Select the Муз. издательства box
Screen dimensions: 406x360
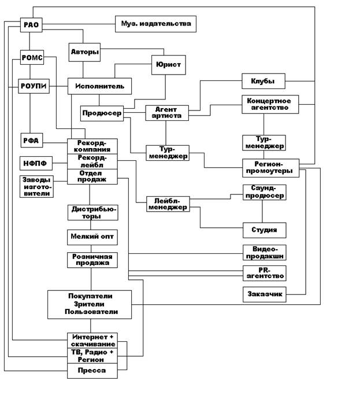pos(155,24)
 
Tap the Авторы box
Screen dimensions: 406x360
pos(84,52)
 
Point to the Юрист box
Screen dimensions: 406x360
pos(168,65)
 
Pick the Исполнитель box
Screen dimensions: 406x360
pos(99,86)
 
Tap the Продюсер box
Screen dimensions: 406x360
pos(102,113)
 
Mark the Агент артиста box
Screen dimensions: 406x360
pos(168,112)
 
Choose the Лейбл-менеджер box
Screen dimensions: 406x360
pos(167,204)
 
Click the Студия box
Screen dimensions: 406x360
pos(264,230)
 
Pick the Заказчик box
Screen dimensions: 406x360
pos(264,294)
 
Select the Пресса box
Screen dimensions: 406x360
pos(92,371)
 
